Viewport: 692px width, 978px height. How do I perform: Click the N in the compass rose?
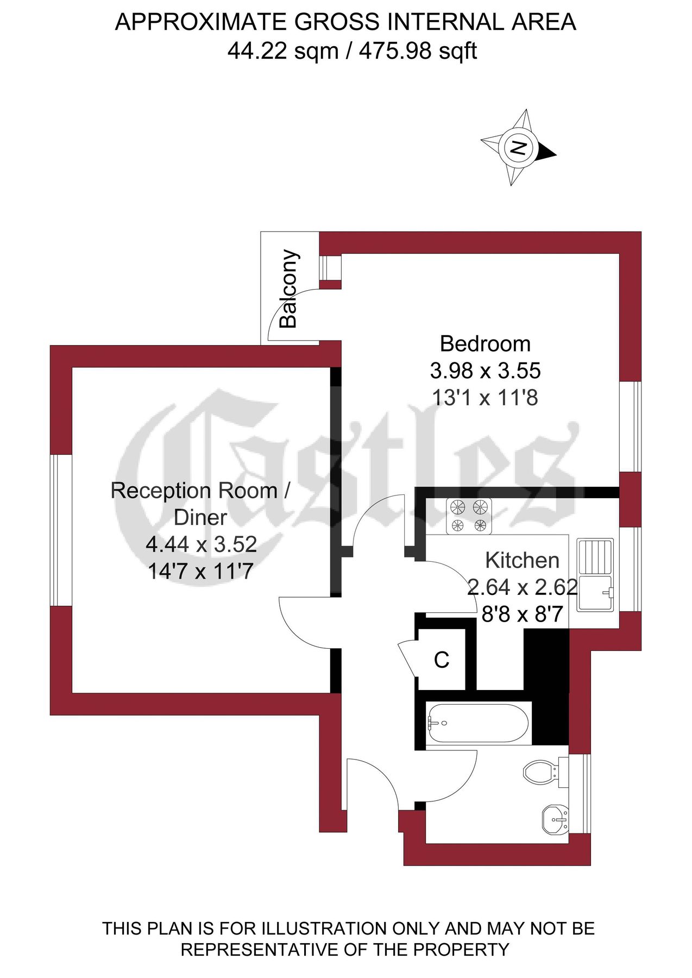point(518,147)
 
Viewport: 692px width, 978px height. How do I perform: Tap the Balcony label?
point(288,289)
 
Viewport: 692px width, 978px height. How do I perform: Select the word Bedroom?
point(485,344)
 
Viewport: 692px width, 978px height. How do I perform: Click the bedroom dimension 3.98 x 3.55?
point(485,371)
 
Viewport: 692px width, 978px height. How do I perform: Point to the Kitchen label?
point(522,560)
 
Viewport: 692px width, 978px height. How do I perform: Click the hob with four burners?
point(469,516)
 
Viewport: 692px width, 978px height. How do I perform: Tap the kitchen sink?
point(595,574)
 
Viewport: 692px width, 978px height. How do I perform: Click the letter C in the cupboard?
point(442,660)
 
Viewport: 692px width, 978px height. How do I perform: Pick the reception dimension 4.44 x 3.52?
point(201,544)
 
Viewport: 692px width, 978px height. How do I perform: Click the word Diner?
point(200,517)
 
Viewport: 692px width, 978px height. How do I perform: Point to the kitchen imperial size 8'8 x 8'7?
point(522,615)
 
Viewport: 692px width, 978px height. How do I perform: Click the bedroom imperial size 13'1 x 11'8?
point(485,398)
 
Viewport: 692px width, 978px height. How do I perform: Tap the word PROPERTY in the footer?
point(462,950)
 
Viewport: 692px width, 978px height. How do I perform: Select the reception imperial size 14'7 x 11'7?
point(201,571)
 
